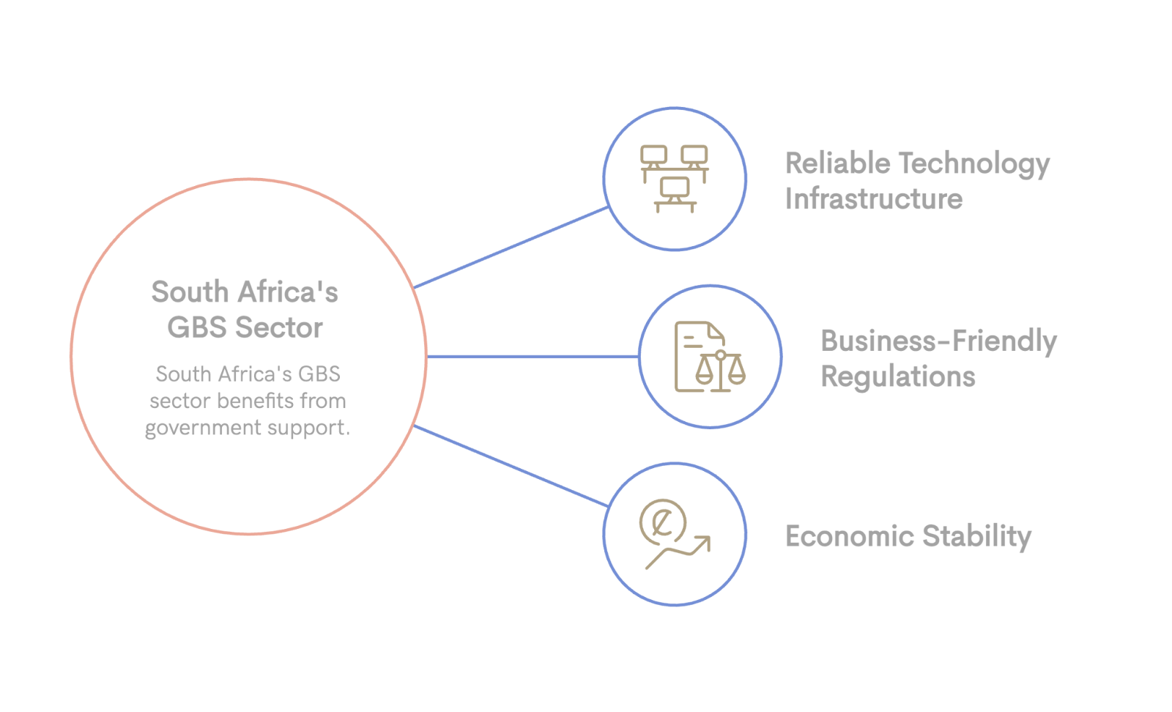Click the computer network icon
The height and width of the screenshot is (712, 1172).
pos(675,178)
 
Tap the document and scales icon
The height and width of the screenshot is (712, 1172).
pos(710,357)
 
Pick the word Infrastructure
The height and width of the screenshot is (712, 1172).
pos(873,199)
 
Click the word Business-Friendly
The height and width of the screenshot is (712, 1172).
pos(938,341)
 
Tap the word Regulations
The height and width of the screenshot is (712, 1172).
pos(898,377)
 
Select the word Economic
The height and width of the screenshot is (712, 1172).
pos(849,536)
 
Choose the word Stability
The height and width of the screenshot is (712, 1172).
pos(976,537)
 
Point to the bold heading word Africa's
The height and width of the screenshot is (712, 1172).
pos(287,292)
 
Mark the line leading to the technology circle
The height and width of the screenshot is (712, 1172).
pos(511,248)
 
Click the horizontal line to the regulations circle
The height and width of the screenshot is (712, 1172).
pos(533,357)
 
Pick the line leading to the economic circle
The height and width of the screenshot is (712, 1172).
pos(511,466)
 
